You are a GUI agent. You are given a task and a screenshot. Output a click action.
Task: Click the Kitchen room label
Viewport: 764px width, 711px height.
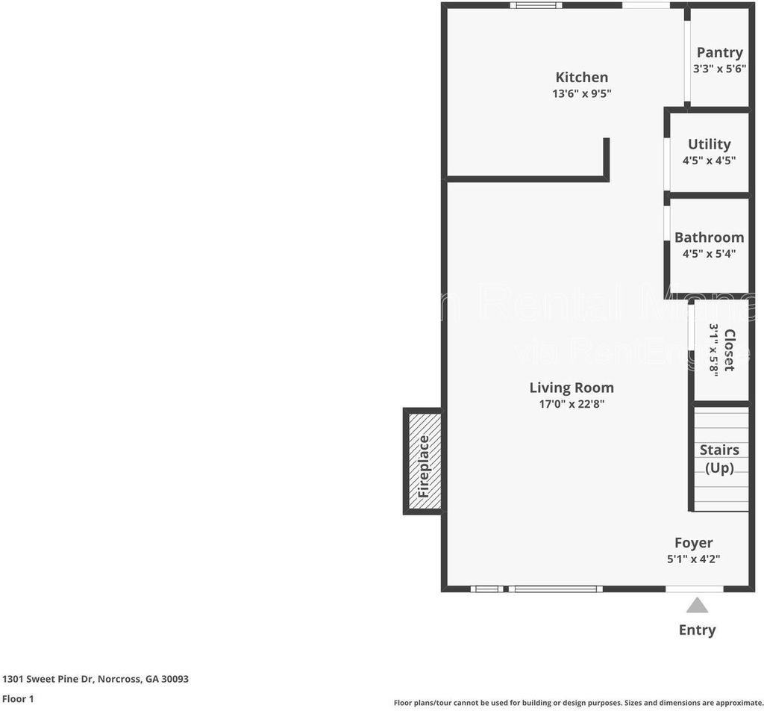coord(581,77)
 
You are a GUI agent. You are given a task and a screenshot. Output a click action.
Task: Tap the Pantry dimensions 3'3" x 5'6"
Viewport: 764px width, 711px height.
coord(719,69)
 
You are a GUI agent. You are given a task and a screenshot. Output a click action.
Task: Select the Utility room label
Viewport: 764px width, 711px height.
coord(709,144)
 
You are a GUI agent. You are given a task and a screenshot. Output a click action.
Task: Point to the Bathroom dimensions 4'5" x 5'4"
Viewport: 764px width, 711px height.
coord(709,253)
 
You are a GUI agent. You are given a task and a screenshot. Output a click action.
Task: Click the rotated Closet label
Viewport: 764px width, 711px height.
coord(729,350)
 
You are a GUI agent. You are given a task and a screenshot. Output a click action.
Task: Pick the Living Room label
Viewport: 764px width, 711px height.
coord(572,388)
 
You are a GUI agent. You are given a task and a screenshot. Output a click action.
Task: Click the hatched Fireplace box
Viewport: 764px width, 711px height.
coord(423,462)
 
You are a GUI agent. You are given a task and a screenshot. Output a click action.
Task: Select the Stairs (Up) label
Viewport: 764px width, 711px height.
coord(719,459)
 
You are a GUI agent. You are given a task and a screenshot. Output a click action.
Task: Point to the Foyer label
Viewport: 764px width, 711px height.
coord(693,543)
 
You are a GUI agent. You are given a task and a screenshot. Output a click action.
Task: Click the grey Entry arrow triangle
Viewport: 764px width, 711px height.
coord(697,605)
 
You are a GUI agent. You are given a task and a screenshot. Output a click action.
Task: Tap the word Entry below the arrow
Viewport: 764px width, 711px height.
coord(697,630)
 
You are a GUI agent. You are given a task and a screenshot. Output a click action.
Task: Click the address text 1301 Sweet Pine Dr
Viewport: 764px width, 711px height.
coord(95,679)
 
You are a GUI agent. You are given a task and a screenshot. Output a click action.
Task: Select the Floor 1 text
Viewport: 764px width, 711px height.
coord(18,699)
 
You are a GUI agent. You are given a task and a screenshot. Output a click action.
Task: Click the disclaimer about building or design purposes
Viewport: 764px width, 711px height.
coord(578,703)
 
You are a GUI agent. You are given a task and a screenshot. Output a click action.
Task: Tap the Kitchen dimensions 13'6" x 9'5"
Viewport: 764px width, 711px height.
coord(581,93)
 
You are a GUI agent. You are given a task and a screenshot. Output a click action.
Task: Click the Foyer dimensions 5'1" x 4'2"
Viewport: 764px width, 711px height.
coord(693,559)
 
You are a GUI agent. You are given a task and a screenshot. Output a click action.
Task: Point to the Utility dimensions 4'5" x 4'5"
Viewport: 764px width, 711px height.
coord(709,160)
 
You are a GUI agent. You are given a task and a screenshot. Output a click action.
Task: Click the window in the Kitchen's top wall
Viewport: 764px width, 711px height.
coord(536,5)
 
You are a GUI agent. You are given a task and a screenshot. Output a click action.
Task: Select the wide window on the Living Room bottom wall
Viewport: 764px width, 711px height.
coord(555,589)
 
